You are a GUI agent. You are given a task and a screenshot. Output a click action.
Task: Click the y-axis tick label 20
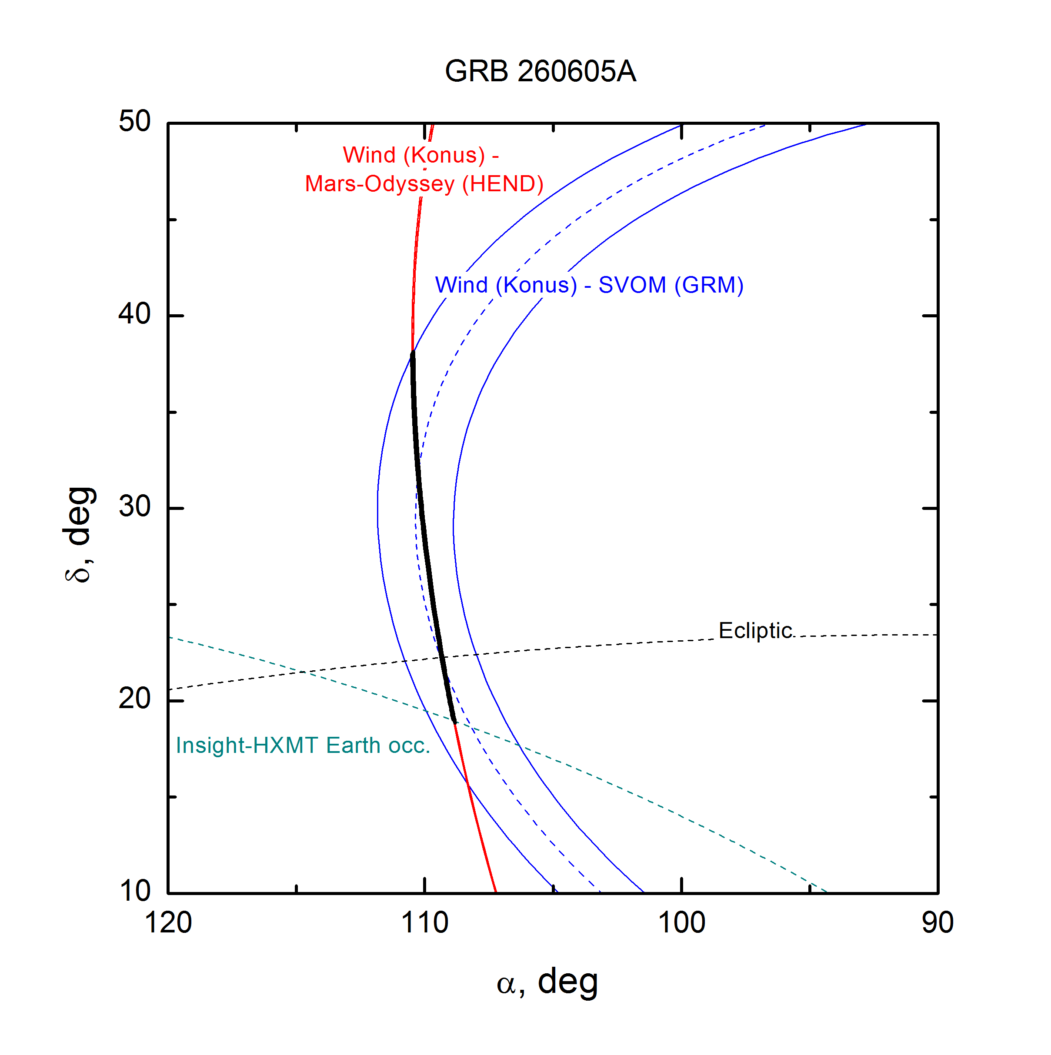click(x=134, y=699)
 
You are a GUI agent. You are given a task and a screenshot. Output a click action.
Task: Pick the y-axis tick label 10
click(x=134, y=891)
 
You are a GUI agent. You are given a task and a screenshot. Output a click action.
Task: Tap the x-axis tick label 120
click(x=168, y=923)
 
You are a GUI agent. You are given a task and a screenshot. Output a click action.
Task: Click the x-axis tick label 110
click(x=424, y=923)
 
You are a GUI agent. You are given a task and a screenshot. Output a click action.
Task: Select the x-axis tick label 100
click(x=681, y=923)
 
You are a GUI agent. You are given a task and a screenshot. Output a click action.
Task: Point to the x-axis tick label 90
click(x=938, y=923)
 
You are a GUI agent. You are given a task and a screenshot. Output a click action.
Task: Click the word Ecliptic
click(x=755, y=631)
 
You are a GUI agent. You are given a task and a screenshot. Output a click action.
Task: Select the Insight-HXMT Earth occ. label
click(x=303, y=745)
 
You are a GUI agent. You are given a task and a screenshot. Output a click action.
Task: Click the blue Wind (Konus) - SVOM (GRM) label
click(x=589, y=285)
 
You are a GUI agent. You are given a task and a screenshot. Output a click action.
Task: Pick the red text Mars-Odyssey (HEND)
click(x=424, y=184)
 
